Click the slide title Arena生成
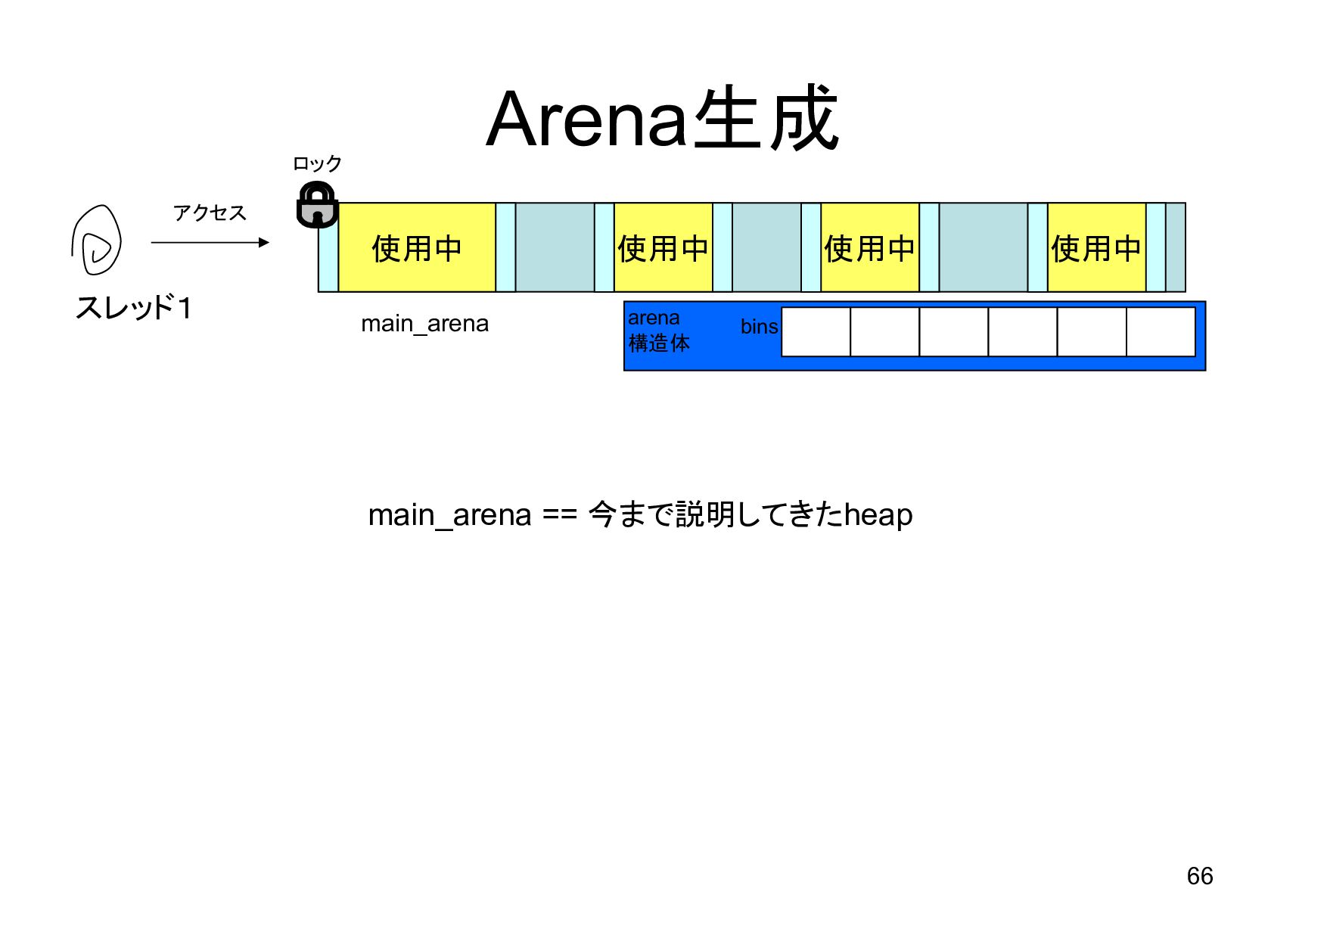[x=662, y=120]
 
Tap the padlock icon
[x=316, y=205]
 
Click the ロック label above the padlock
[x=317, y=163]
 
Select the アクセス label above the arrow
[x=210, y=213]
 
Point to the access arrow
[x=210, y=242]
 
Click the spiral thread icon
[x=97, y=241]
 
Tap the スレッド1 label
[x=133, y=308]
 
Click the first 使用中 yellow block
[x=416, y=248]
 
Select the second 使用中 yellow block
[x=663, y=248]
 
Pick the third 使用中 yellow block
[x=869, y=248]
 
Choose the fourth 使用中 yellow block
[x=1095, y=248]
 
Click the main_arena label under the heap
[x=424, y=324]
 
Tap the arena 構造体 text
[x=658, y=331]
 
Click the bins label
[x=759, y=327]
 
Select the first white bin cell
[x=816, y=331]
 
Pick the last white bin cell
[x=1161, y=331]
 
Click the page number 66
[x=1199, y=876]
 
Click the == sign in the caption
[x=560, y=515]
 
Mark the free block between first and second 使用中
[x=555, y=247]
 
